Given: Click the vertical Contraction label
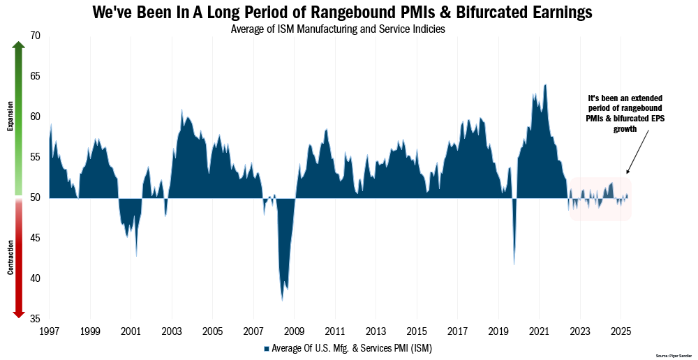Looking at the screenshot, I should (10, 257).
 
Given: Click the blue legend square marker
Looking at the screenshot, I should (266, 347).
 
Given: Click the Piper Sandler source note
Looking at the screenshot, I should (674, 355).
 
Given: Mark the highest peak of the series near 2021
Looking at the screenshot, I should (545, 85).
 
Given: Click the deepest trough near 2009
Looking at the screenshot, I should (282, 300).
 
